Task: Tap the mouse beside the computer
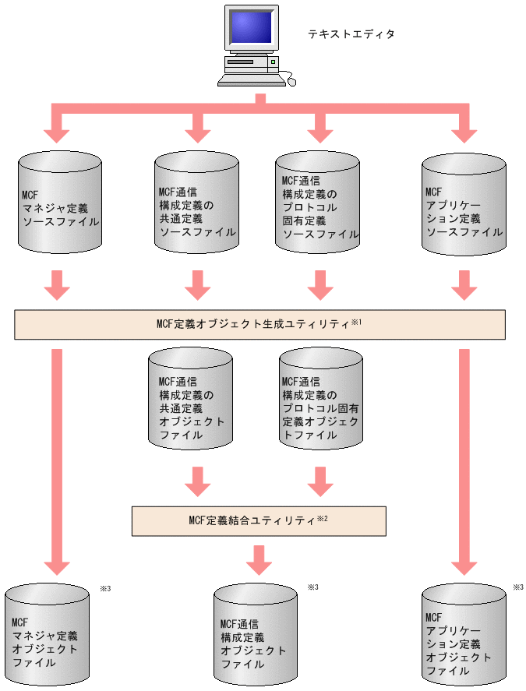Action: point(291,79)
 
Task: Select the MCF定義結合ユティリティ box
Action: point(259,521)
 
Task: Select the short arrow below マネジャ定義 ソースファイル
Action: point(57,285)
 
